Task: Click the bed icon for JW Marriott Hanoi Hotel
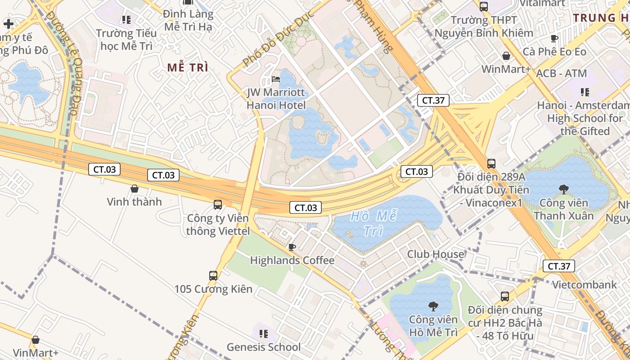pos(276,80)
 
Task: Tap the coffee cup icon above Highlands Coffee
pos(292,247)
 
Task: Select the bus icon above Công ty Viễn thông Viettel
pos(218,205)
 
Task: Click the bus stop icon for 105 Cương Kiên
pos(213,275)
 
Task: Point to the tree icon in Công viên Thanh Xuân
pos(563,189)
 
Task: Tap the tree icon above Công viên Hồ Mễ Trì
pos(433,307)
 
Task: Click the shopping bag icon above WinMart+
pos(506,56)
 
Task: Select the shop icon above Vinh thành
pos(134,189)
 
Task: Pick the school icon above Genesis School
pos(264,334)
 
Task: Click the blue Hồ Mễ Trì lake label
pos(373,223)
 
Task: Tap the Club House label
pos(435,254)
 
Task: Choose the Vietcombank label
pos(584,284)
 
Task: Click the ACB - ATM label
pos(562,73)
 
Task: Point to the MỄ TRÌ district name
pos(188,67)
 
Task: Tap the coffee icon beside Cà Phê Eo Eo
pos(554,39)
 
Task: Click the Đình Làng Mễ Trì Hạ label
pos(188,20)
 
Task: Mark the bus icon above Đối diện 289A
pos(491,164)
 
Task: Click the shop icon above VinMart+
pos(36,340)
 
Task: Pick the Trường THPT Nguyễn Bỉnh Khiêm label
pos(484,27)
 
